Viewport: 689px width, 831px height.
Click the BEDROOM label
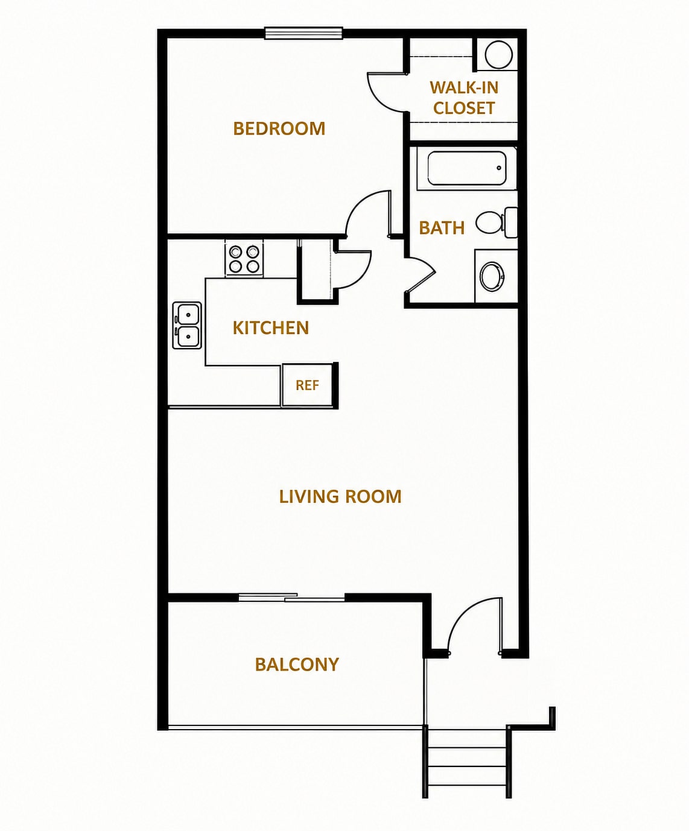(x=279, y=128)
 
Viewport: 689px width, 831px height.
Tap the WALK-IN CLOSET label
(x=464, y=98)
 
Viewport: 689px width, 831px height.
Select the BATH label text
(x=442, y=228)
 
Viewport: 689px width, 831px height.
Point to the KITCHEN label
(x=271, y=328)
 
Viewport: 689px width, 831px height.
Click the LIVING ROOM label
(x=340, y=497)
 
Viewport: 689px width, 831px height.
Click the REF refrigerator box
(x=307, y=385)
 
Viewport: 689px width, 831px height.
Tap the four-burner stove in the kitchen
(x=244, y=259)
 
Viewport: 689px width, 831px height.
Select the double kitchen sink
(x=187, y=326)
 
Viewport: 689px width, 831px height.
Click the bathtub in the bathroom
(x=467, y=168)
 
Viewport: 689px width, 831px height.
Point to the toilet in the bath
(x=497, y=223)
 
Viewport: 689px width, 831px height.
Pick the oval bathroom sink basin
(x=492, y=276)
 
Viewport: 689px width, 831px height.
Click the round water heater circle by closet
(x=498, y=54)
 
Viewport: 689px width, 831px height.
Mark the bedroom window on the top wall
(x=304, y=33)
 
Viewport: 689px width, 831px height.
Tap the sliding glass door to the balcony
(x=291, y=597)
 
